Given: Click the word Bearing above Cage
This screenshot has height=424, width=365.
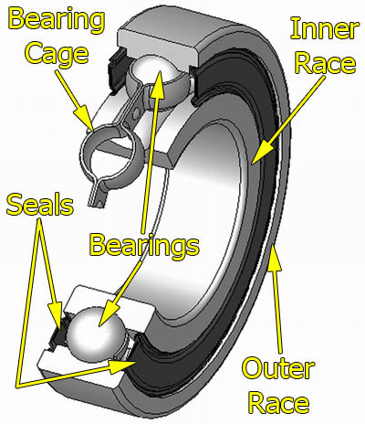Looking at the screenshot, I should pyautogui.click(x=47, y=20).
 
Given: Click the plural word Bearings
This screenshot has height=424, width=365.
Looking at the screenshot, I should pyautogui.click(x=143, y=244).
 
